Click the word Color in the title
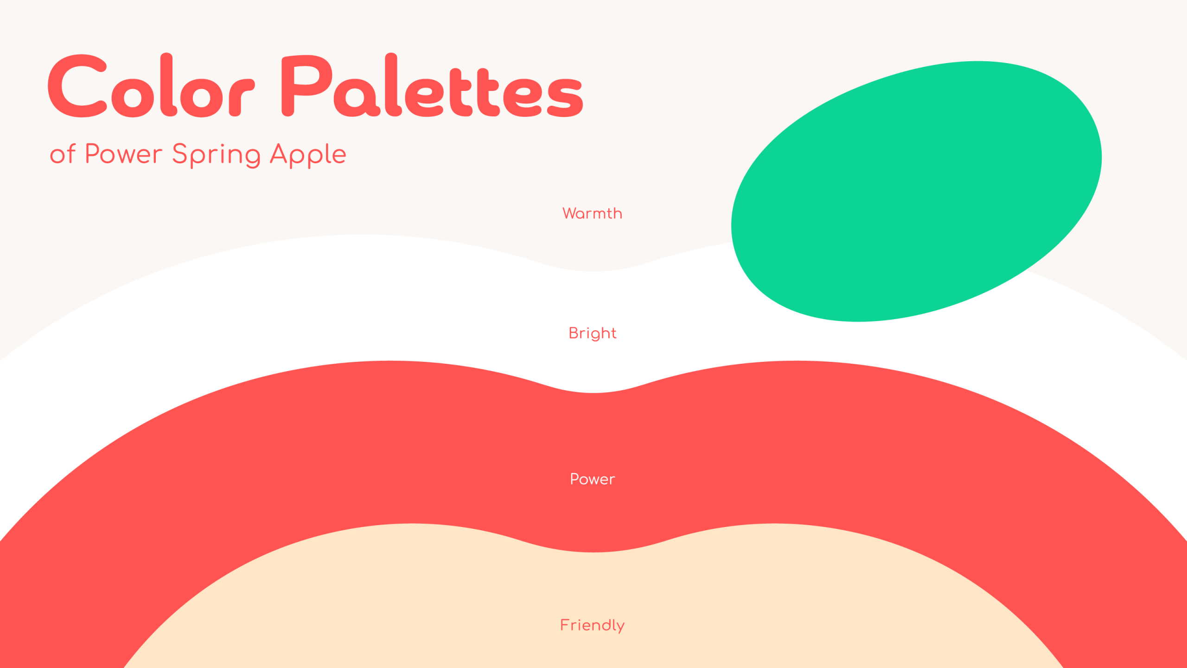click(151, 85)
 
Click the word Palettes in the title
click(432, 85)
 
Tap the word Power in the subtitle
click(124, 154)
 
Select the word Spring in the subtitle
click(216, 155)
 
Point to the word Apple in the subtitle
click(308, 155)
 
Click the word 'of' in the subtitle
click(63, 154)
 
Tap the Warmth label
click(593, 213)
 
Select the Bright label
click(593, 334)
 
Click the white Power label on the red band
click(593, 479)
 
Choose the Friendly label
click(593, 625)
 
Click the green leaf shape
click(916, 191)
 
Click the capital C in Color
click(77, 86)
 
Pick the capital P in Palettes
click(307, 85)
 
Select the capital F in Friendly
click(565, 625)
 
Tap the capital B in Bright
click(574, 333)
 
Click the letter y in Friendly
click(620, 628)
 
